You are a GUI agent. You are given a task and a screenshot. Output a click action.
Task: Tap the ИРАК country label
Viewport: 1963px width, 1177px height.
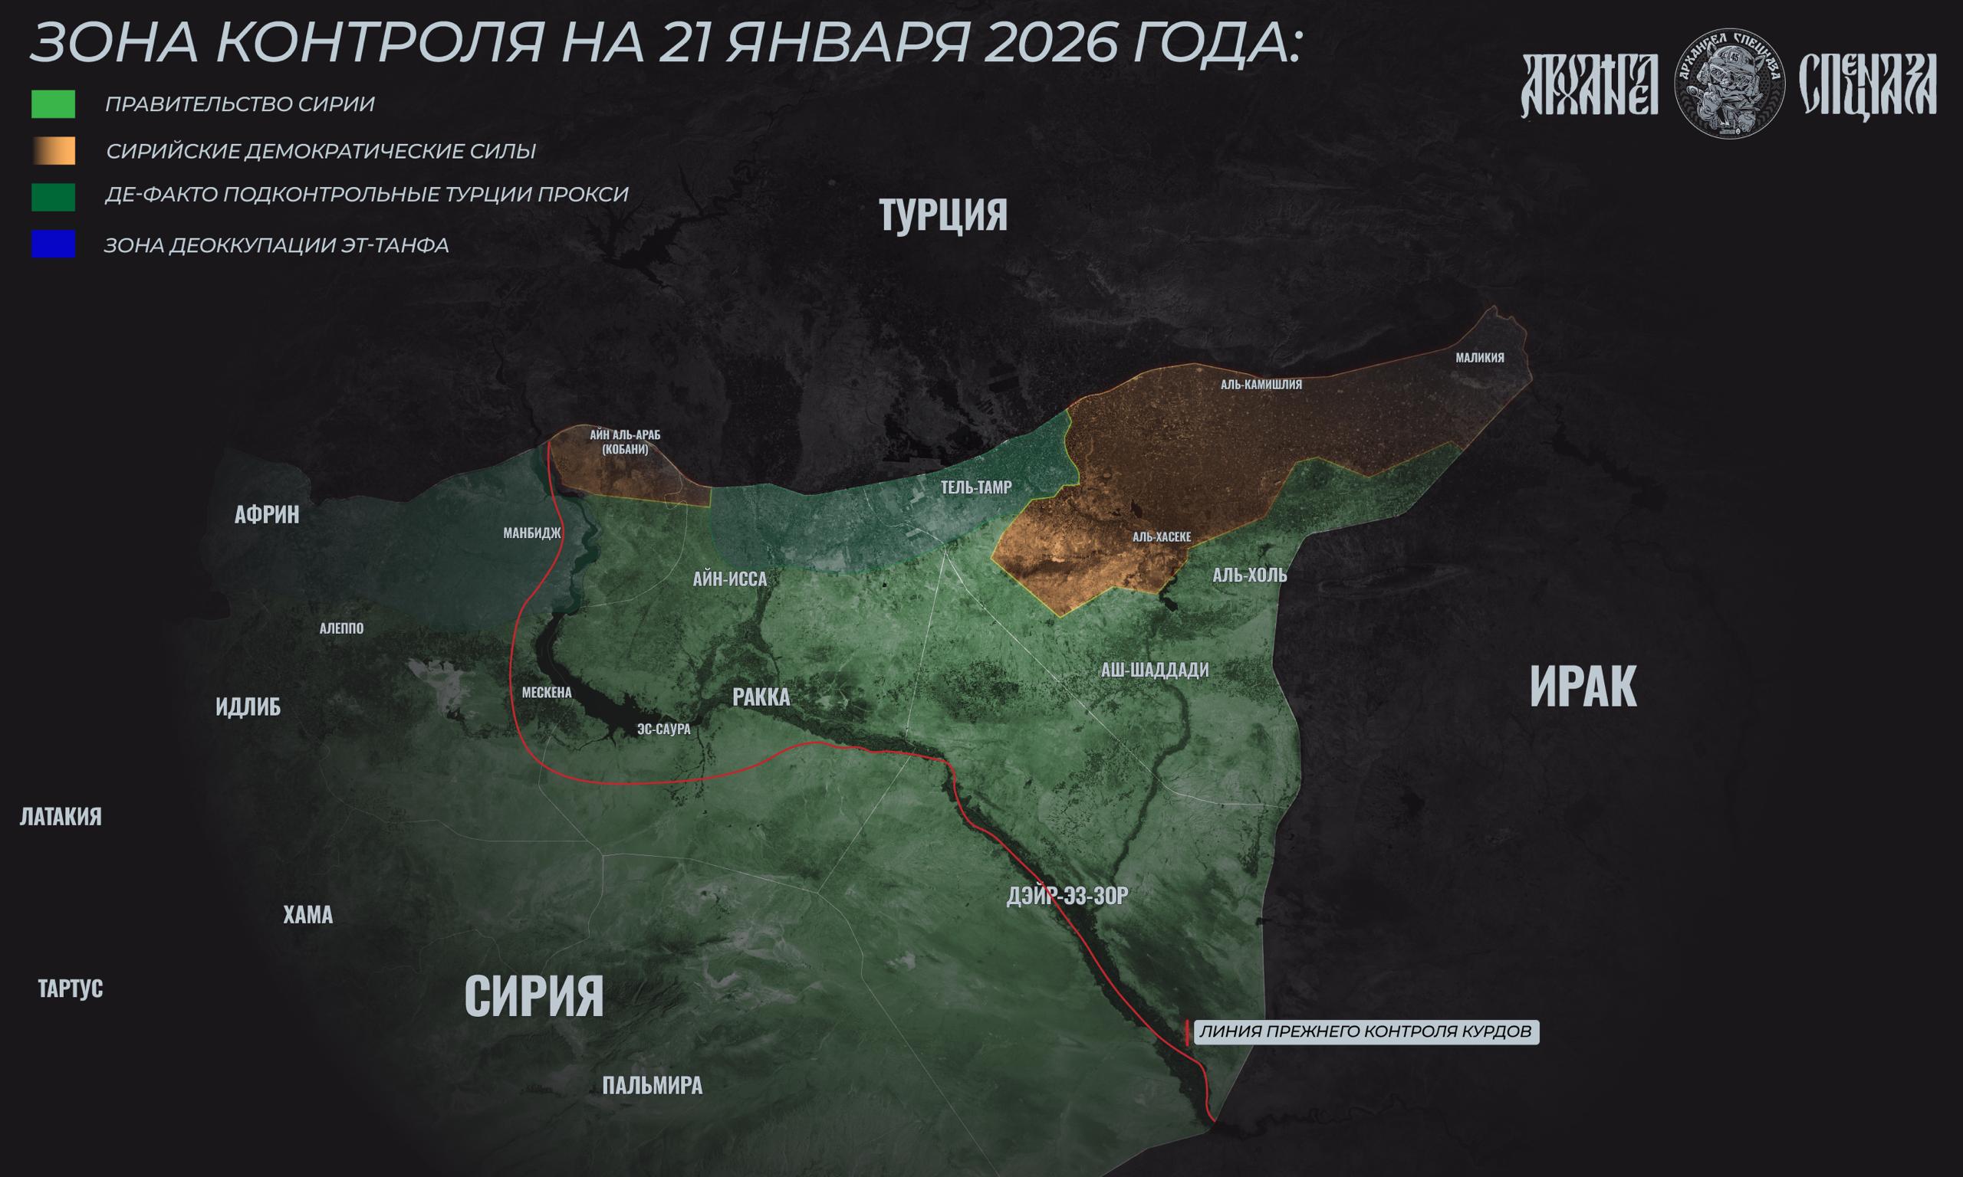[1583, 687]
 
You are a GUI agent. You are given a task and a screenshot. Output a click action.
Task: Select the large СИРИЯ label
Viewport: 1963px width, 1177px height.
[533, 996]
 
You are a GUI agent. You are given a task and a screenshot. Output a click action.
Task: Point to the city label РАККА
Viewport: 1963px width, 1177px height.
[761, 697]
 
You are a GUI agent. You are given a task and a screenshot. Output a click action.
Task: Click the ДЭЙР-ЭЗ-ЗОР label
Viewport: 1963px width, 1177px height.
[1067, 897]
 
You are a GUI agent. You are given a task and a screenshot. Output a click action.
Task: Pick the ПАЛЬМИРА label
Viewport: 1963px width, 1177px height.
[652, 1086]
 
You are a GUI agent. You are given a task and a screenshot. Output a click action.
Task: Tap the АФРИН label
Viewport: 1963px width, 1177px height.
[267, 515]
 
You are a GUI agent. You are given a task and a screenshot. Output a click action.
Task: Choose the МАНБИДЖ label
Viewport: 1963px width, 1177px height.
[531, 533]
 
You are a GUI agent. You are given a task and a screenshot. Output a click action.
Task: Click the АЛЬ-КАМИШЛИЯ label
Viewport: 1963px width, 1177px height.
[1261, 385]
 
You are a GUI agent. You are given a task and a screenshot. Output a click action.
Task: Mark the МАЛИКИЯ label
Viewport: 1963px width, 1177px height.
[1480, 358]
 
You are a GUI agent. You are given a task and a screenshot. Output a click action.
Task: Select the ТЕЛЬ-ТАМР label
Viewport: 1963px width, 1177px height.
[976, 488]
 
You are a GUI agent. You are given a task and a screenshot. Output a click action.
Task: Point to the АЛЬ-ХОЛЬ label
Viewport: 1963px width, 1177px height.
[1250, 575]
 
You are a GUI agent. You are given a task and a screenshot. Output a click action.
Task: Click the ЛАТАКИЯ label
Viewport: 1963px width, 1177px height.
[61, 817]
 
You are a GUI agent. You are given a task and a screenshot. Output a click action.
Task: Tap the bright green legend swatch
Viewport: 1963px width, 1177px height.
[53, 104]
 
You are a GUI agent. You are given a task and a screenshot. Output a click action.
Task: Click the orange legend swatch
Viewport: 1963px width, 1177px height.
[53, 151]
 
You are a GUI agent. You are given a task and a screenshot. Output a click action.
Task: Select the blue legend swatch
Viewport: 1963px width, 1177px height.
[53, 244]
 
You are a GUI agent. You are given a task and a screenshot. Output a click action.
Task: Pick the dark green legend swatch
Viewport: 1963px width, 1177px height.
[53, 197]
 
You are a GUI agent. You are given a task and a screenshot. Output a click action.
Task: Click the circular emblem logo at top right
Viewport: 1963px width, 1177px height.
[1729, 84]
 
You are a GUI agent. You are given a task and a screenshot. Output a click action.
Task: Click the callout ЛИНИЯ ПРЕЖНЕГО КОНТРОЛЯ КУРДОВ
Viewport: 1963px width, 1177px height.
[1365, 1032]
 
